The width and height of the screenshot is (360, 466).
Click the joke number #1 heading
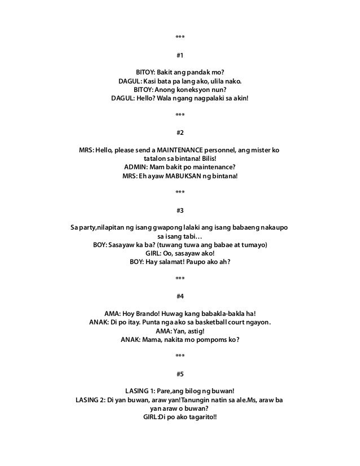coord(179,56)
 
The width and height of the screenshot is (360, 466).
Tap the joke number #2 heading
coord(179,133)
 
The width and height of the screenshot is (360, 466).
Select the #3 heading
coord(179,210)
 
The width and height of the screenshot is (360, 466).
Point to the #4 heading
coord(179,296)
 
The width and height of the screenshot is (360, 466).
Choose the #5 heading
coord(179,373)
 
